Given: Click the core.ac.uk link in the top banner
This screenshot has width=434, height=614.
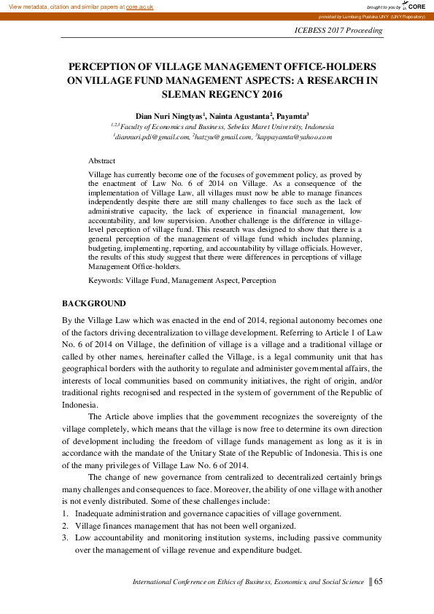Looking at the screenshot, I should tap(139, 6).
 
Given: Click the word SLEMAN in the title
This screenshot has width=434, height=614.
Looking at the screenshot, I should tap(186, 94).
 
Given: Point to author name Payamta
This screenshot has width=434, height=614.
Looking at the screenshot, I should tap(292, 115).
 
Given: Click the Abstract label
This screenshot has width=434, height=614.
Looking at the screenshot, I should tap(101, 160).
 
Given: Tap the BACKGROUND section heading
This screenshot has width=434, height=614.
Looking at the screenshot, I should tap(93, 303).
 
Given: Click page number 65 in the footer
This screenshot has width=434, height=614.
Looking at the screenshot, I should tap(378, 582).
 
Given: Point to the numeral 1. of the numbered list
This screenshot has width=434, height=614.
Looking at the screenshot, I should tap(64, 513).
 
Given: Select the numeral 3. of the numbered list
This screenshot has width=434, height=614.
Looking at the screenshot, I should tap(64, 538).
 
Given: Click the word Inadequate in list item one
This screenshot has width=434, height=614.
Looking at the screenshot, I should tap(96, 513).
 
